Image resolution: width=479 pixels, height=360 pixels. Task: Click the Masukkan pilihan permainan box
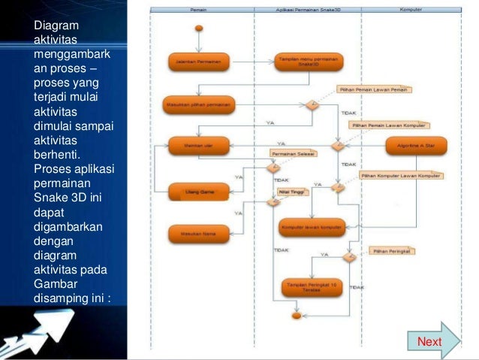pos(198,104)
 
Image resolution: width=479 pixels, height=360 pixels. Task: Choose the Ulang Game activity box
pos(198,192)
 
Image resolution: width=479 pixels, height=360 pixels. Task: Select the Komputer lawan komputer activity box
pos(311,226)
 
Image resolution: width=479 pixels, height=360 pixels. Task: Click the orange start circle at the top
pos(199,29)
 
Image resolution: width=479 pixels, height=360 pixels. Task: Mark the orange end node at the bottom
pos(296,316)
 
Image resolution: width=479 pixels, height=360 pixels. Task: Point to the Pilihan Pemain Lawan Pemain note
pos(372,89)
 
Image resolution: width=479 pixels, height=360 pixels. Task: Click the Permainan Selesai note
pos(293,153)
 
